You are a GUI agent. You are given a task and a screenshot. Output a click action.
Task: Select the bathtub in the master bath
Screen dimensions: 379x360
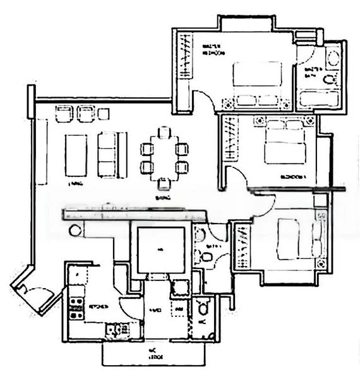click(x=319, y=99)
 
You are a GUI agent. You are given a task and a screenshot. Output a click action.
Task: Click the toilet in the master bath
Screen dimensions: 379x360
click(x=329, y=78)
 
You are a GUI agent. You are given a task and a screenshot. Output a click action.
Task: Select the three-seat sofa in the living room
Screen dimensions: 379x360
click(x=108, y=155)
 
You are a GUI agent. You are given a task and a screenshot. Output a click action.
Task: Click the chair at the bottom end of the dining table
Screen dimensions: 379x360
click(x=164, y=183)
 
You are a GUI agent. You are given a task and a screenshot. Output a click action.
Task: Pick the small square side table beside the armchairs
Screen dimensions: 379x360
click(x=104, y=114)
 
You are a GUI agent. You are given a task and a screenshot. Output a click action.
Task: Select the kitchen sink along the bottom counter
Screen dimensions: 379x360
click(x=116, y=328)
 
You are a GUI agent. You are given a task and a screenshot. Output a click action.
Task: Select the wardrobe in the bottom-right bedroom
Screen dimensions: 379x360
click(x=241, y=246)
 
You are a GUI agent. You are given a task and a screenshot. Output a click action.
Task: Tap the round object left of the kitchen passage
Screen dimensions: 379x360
click(x=76, y=231)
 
